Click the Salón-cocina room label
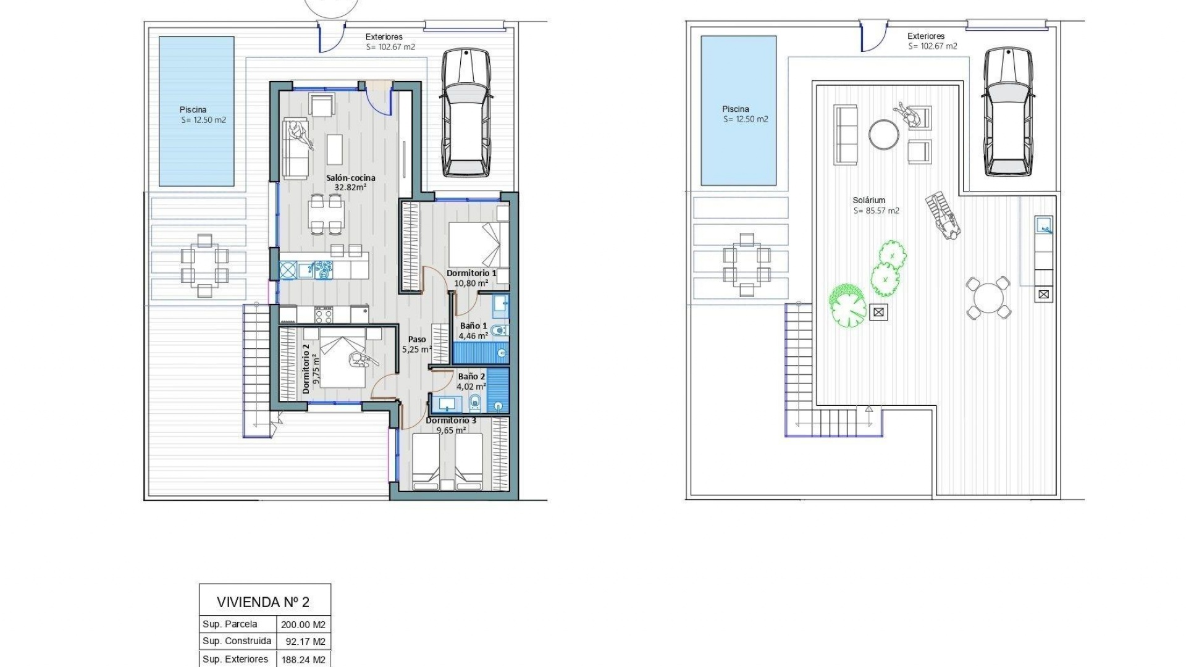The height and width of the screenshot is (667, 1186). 350,178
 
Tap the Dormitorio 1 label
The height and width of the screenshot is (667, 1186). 471,273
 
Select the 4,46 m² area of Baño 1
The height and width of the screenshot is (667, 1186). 473,337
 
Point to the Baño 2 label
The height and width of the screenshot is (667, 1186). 471,376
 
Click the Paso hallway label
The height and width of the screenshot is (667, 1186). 417,339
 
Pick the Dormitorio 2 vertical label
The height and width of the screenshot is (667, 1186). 306,369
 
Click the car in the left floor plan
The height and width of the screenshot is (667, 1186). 466,112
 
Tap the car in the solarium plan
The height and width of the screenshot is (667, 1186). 1008,112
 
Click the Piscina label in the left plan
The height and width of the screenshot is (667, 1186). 193,110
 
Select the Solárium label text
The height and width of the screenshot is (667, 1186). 868,200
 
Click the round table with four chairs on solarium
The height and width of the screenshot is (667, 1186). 988,298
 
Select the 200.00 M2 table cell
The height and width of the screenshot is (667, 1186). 303,624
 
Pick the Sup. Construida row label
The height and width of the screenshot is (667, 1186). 237,641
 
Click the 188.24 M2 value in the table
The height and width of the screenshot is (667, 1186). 303,659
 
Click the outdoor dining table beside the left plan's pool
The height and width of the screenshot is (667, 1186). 204,266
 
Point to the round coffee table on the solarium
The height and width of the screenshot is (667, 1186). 884,133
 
